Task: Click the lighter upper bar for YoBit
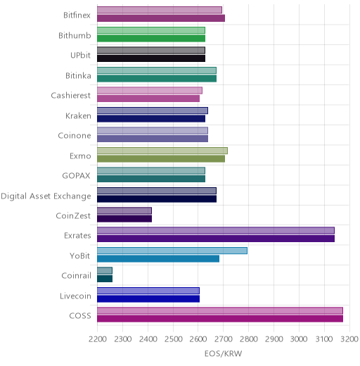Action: click(x=172, y=251)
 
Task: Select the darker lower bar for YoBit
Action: click(x=158, y=259)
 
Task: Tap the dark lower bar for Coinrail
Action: click(x=105, y=279)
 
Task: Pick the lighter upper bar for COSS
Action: click(x=220, y=310)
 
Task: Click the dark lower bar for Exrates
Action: click(x=216, y=239)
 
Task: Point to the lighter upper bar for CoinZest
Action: click(x=124, y=210)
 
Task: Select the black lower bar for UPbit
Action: click(x=151, y=58)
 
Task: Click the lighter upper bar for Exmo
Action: click(x=162, y=151)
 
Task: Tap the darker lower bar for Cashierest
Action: click(x=148, y=99)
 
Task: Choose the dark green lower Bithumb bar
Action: click(x=151, y=39)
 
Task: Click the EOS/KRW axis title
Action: click(x=223, y=353)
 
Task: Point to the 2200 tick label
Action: click(x=98, y=339)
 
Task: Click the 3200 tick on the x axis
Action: click(x=349, y=339)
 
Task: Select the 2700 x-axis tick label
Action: click(x=224, y=339)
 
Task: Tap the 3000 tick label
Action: click(x=299, y=339)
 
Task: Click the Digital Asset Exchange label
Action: click(x=46, y=196)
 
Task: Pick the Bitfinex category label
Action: click(x=77, y=15)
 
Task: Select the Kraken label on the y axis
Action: click(x=78, y=115)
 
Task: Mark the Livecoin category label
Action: click(x=75, y=296)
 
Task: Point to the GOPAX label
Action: click(x=76, y=175)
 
